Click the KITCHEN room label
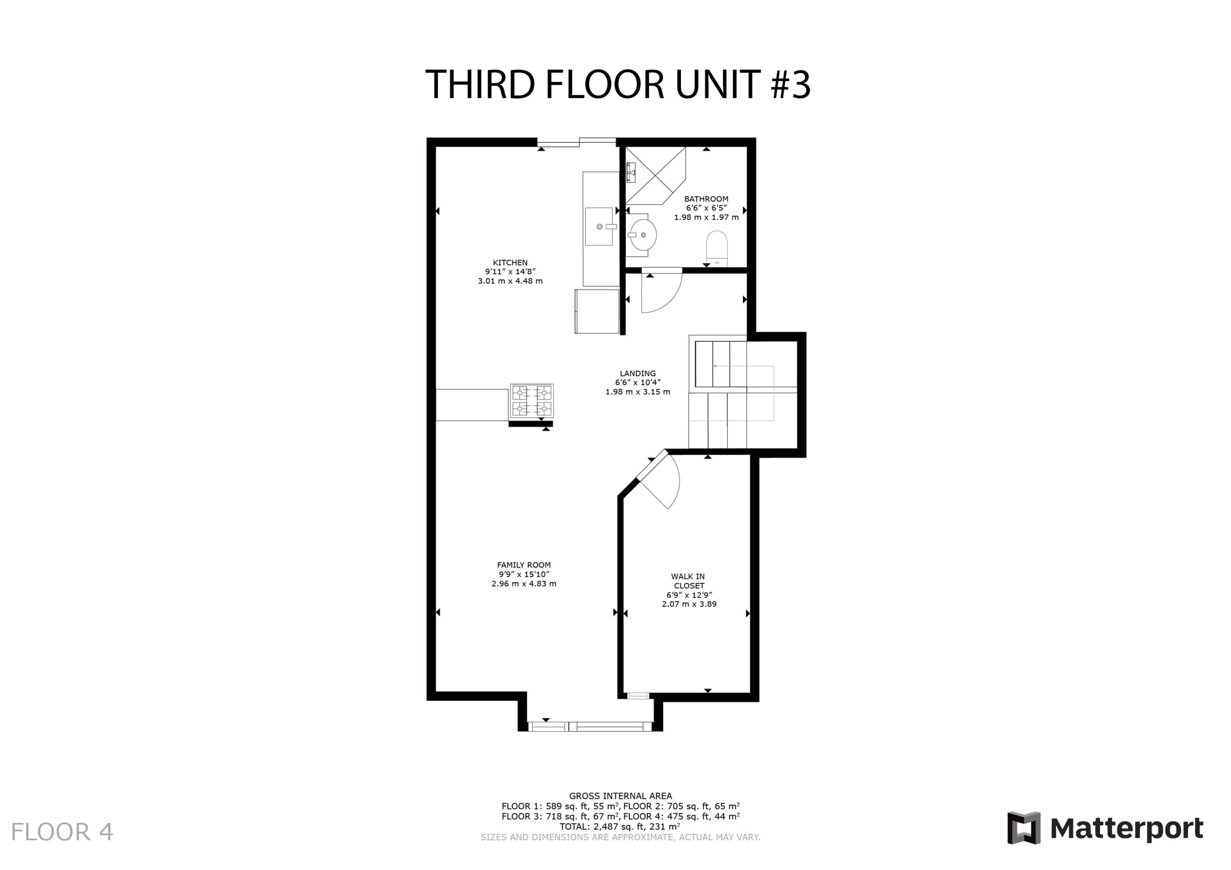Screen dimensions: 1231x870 [x=510, y=262]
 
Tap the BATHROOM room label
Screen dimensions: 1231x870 [x=706, y=199]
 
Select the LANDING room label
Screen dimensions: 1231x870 [x=638, y=373]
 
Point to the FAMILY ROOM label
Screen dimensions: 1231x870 [x=523, y=565]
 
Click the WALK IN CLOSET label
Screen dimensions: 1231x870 [x=689, y=581]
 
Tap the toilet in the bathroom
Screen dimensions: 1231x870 [x=716, y=248]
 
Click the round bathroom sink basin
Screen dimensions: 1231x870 [x=643, y=235]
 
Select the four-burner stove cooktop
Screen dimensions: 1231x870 [x=532, y=400]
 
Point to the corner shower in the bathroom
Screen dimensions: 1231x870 [x=655, y=176]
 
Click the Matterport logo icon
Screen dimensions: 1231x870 [x=1024, y=828]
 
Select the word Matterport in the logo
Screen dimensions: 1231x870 [x=1127, y=829]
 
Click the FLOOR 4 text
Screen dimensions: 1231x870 [x=62, y=832]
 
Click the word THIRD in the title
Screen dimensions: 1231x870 [x=480, y=84]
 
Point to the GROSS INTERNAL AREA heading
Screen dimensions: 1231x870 [x=620, y=796]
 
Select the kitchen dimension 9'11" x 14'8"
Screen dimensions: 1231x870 [x=510, y=272]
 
